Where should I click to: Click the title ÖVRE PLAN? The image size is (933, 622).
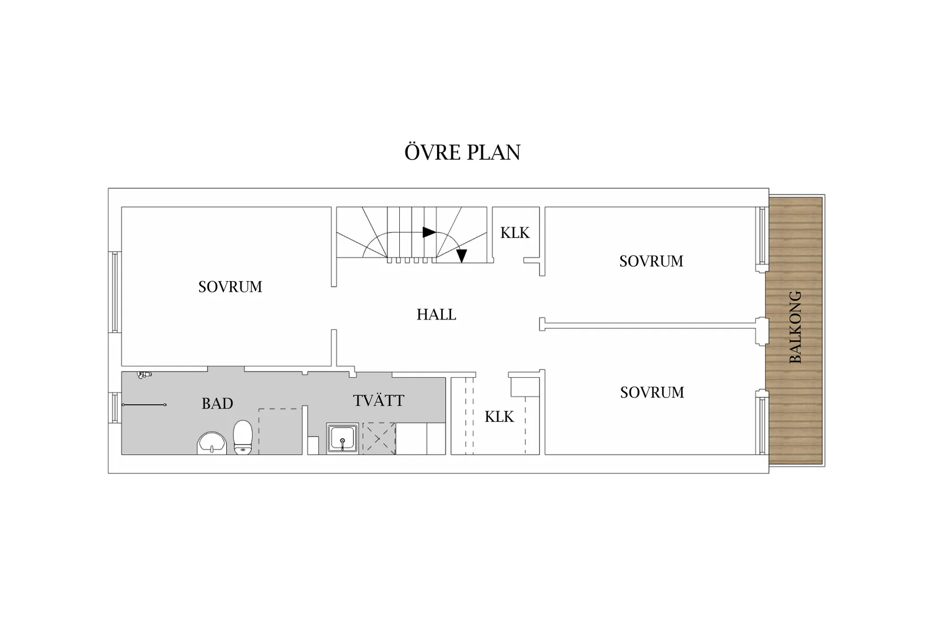(462, 153)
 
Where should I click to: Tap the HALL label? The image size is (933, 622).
(436, 314)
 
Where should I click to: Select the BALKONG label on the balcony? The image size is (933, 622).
(795, 327)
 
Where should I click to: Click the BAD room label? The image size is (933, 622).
(217, 404)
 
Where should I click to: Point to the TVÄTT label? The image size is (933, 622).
(378, 401)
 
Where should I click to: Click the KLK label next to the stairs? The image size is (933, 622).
(515, 233)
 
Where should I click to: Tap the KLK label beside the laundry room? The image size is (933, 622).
(499, 417)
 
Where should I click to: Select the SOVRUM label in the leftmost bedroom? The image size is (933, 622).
(230, 287)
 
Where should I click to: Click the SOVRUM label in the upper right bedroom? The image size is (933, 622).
(651, 261)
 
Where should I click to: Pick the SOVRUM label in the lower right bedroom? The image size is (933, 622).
(651, 392)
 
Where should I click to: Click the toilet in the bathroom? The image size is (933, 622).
(243, 437)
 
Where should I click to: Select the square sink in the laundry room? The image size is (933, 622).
(342, 439)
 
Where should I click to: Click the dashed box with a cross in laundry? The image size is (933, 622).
(378, 438)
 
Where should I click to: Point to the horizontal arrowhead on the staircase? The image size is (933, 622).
(429, 232)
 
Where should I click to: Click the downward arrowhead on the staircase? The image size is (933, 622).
(461, 256)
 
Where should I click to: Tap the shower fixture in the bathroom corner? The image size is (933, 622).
(144, 375)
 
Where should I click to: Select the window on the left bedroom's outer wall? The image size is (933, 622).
(115, 292)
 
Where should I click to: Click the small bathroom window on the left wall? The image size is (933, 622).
(115, 408)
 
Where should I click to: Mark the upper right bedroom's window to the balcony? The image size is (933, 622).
(762, 236)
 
